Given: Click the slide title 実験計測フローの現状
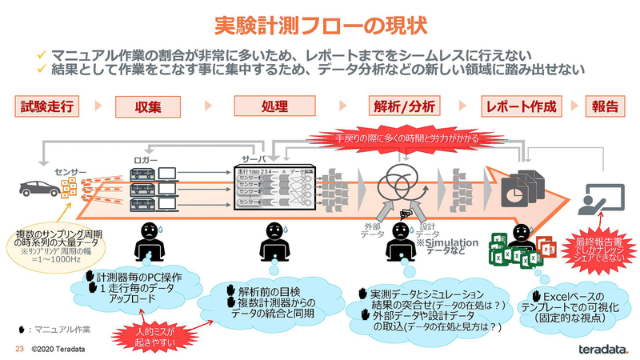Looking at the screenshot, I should pyautogui.click(x=320, y=25).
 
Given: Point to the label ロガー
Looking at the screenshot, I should pyautogui.click(x=148, y=160).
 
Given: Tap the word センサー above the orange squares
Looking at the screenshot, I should pyautogui.click(x=70, y=170).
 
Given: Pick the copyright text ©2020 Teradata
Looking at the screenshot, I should pyautogui.click(x=58, y=350).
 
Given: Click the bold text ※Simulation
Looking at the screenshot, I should pyautogui.click(x=446, y=242).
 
